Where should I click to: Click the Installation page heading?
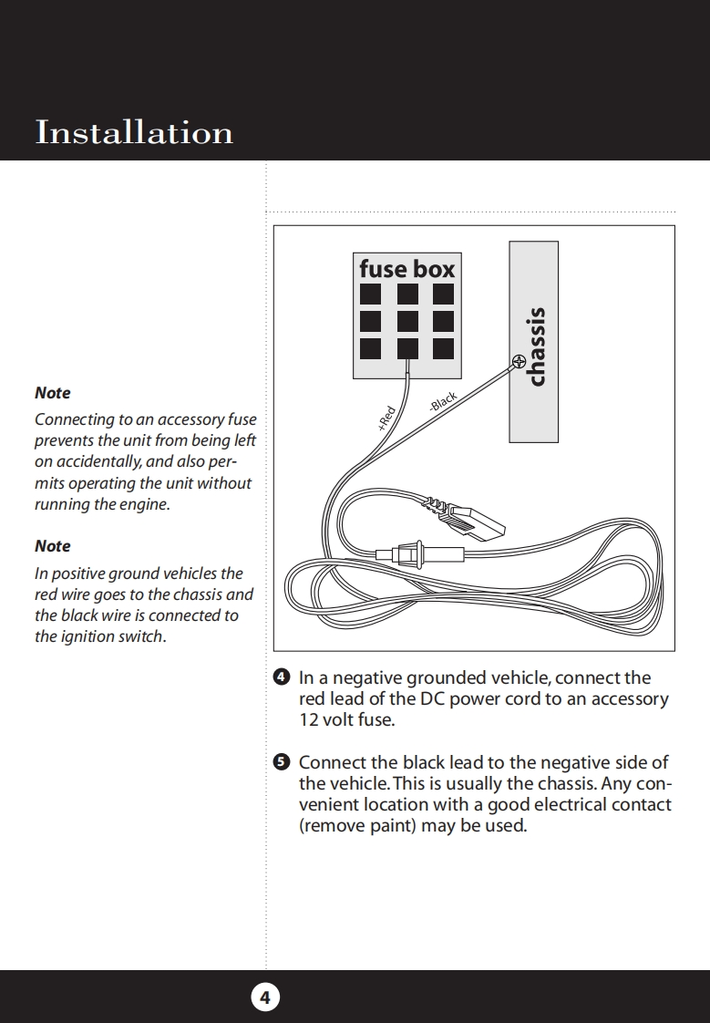134,133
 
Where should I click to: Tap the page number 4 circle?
265,997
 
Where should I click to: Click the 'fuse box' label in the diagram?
406,269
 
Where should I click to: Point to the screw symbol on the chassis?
519,361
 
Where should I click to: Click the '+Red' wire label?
386,418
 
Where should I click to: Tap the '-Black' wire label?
442,402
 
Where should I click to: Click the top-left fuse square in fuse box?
370,294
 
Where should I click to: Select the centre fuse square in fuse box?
406,321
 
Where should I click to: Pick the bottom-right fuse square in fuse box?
443,348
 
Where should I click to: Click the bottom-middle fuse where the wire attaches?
406,348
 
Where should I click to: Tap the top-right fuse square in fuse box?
443,294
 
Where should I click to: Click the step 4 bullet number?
282,677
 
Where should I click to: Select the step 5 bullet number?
282,761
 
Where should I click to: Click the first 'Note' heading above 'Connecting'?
52,393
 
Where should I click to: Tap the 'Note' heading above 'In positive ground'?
52,546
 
